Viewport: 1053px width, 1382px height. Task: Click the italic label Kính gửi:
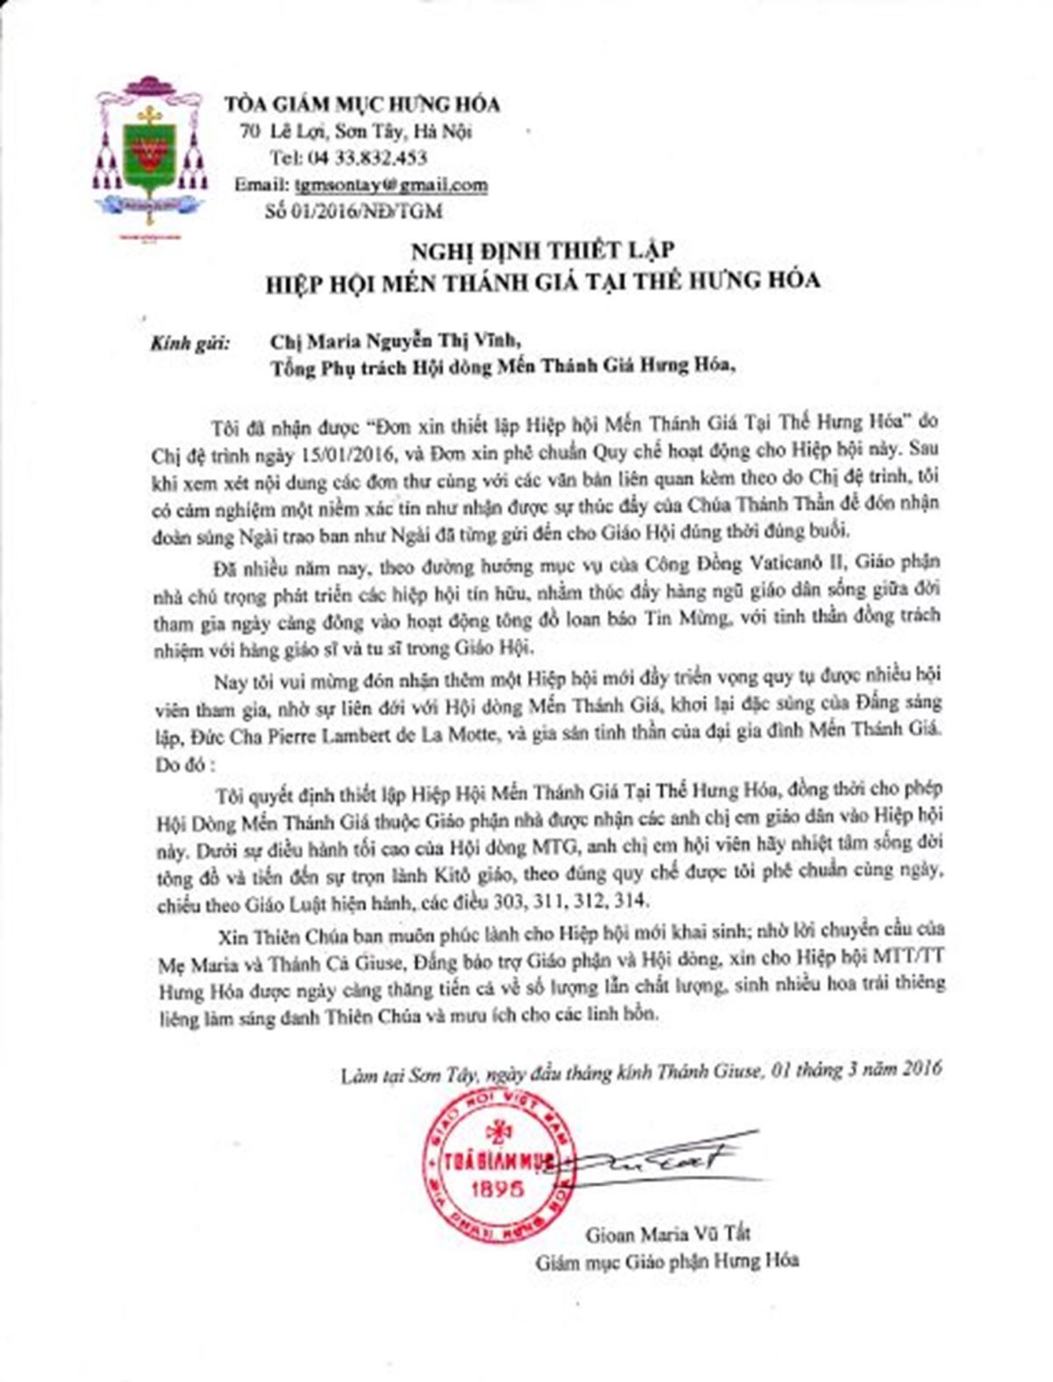tap(189, 340)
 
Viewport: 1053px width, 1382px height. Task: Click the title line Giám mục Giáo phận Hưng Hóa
tap(668, 1261)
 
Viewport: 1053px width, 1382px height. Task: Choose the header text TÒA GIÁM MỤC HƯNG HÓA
tap(362, 104)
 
